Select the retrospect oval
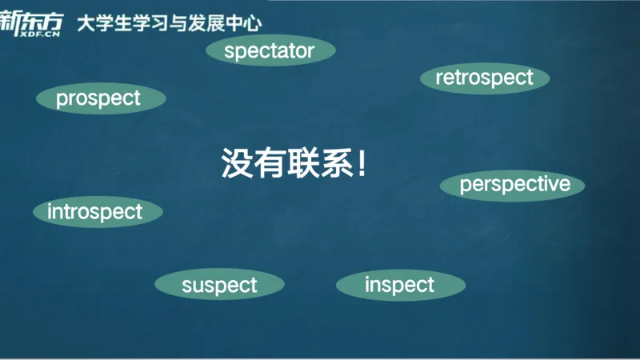(484, 78)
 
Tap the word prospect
(98, 98)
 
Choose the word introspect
(95, 212)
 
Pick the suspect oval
(219, 285)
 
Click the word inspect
(399, 285)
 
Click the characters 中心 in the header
(242, 23)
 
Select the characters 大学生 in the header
(105, 23)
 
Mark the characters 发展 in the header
(206, 23)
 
